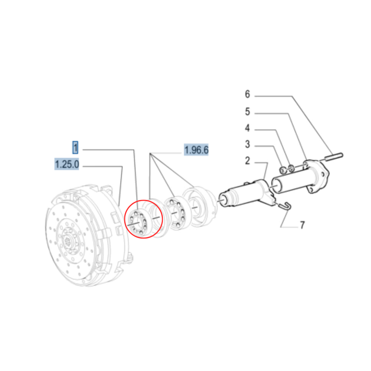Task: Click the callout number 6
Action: point(247,95)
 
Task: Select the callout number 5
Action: point(247,112)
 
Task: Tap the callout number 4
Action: point(247,129)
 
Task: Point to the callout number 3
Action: point(247,145)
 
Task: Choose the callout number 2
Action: point(247,161)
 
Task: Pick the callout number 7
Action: point(302,225)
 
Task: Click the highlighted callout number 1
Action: point(75,148)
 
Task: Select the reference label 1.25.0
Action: point(67,164)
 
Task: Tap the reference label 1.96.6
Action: point(197,150)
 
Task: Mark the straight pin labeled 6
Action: point(335,157)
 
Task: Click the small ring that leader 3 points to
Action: point(284,170)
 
